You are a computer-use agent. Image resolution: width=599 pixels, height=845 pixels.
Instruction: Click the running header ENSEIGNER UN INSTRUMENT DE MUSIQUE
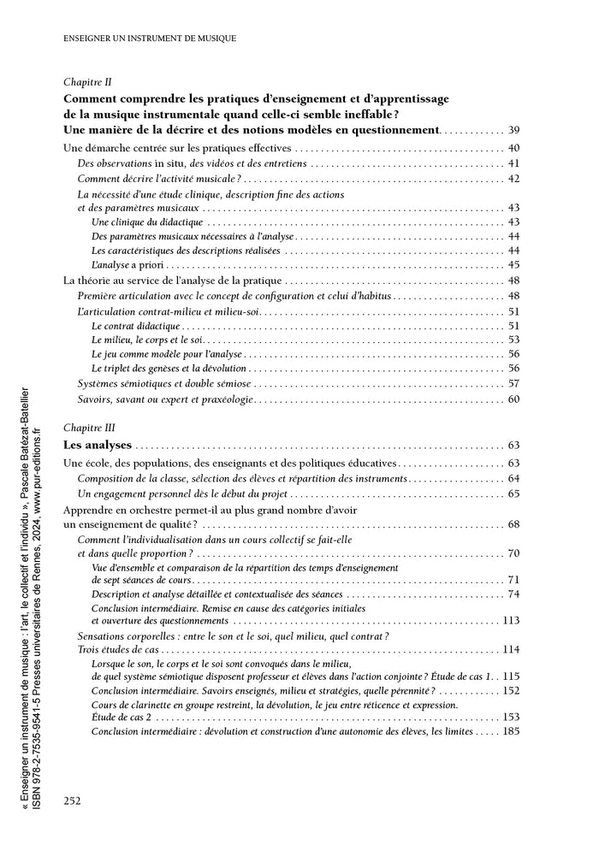pos(151,38)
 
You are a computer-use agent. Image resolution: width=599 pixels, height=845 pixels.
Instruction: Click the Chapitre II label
pos(87,83)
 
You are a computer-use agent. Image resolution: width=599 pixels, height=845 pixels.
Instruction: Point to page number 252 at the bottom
pos(73,801)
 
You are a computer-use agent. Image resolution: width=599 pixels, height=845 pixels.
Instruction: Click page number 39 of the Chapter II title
pos(514,131)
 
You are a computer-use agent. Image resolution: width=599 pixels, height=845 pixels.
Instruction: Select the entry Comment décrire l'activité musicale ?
pos(159,178)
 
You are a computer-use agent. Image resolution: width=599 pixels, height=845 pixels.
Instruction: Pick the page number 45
pos(514,265)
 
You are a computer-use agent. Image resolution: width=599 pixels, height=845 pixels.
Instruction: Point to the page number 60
pos(514,399)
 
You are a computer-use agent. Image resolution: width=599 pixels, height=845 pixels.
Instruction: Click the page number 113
pos(511,620)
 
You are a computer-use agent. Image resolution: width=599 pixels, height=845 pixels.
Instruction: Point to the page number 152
pos(511,689)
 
